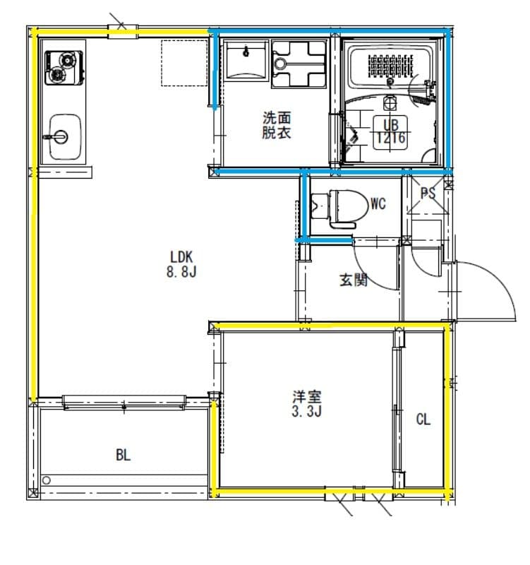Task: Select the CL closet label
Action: (x=423, y=420)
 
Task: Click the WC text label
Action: (x=378, y=205)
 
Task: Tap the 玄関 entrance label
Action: (x=354, y=280)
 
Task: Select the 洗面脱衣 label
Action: (x=277, y=125)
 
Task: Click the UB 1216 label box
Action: (x=390, y=131)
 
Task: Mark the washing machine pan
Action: (x=299, y=63)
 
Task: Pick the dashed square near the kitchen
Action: (x=183, y=64)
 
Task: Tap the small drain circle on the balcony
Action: (x=47, y=481)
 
